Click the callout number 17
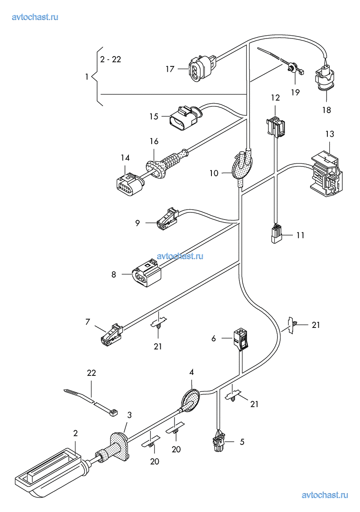[x=170, y=69]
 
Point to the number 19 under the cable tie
[x=295, y=92]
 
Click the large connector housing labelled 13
[x=325, y=174]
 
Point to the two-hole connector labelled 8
[x=146, y=274]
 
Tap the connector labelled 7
[x=111, y=334]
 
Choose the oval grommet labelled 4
[x=191, y=400]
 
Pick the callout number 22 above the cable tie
[x=91, y=373]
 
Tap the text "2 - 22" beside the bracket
[x=110, y=60]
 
